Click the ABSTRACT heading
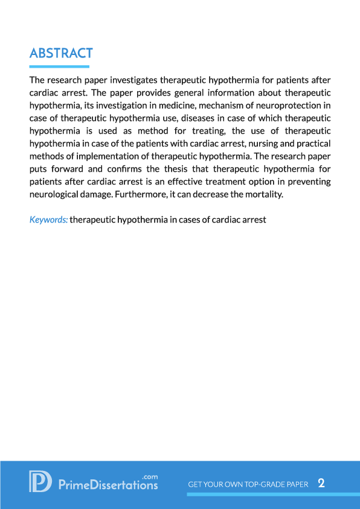61,53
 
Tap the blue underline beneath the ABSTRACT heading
59,66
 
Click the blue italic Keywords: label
48,220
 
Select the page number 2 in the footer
321,484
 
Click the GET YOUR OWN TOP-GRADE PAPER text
248,485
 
